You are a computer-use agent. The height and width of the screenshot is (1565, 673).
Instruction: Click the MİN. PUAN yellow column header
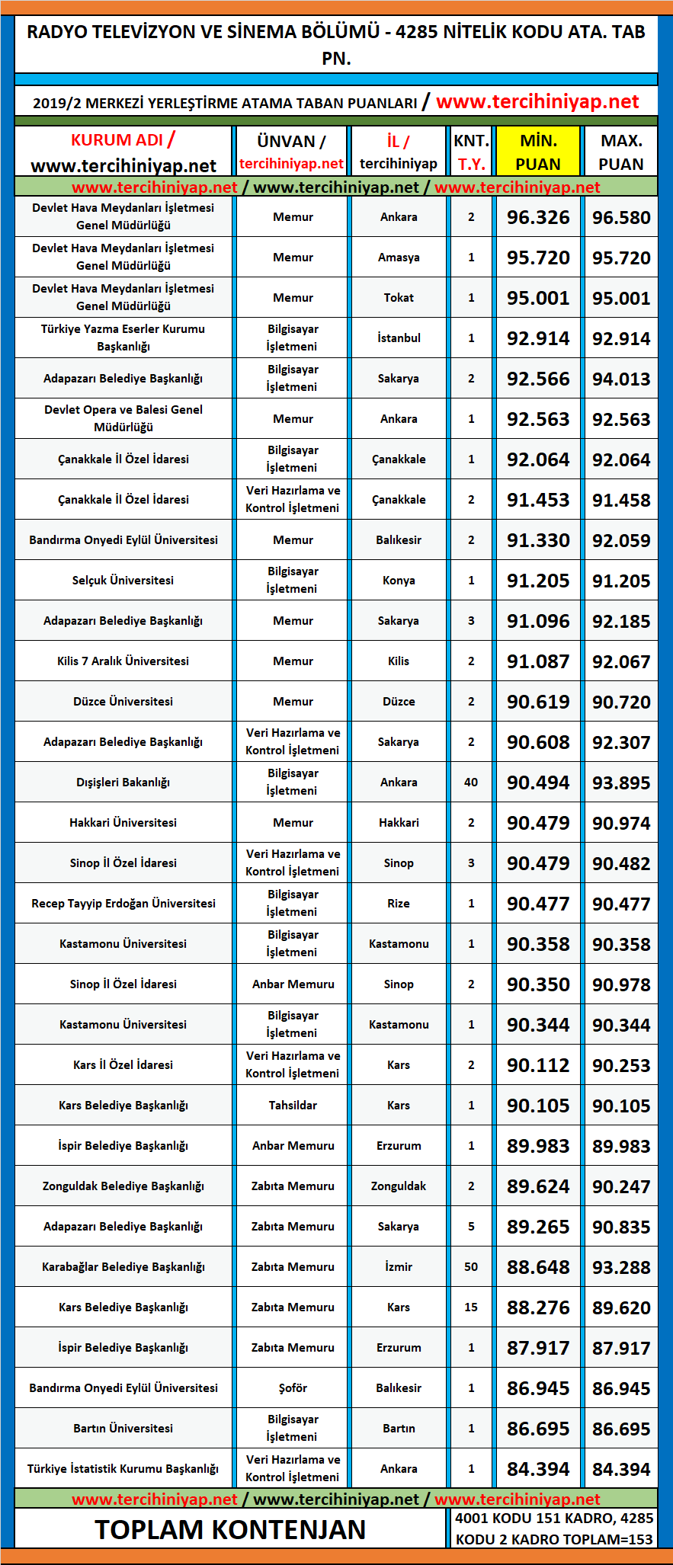click(538, 152)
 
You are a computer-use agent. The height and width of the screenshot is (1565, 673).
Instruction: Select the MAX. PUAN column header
click(621, 152)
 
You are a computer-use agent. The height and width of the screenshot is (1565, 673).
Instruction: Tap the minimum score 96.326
click(538, 217)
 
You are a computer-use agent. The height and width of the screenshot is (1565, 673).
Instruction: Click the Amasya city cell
click(399, 258)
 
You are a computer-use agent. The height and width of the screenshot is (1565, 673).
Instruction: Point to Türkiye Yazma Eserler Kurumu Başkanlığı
click(123, 338)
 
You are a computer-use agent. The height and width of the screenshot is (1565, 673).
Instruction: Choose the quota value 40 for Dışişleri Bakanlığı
click(471, 782)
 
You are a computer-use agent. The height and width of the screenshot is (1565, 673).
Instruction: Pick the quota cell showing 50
click(471, 1267)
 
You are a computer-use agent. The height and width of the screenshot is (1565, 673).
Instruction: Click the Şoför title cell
click(293, 1388)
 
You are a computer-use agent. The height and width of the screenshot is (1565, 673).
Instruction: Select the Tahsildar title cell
click(293, 1106)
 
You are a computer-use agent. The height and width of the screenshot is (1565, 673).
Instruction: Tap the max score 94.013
click(621, 379)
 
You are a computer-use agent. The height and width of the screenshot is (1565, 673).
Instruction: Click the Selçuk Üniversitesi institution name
click(123, 581)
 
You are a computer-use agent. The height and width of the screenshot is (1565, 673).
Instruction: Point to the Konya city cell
click(399, 581)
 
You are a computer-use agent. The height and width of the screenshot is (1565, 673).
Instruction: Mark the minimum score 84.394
click(538, 1469)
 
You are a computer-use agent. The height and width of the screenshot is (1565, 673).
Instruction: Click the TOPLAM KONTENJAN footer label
click(230, 1529)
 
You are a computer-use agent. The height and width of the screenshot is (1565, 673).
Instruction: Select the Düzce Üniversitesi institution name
click(123, 702)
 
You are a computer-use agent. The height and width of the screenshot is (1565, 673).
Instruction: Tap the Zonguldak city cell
click(399, 1186)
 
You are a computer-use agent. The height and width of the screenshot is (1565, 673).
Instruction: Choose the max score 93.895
click(621, 782)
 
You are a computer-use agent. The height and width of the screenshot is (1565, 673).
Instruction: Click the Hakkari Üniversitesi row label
click(123, 823)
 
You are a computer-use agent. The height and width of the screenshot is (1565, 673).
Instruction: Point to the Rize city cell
click(399, 904)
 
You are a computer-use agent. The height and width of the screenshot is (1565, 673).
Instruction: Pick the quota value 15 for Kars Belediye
click(471, 1307)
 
